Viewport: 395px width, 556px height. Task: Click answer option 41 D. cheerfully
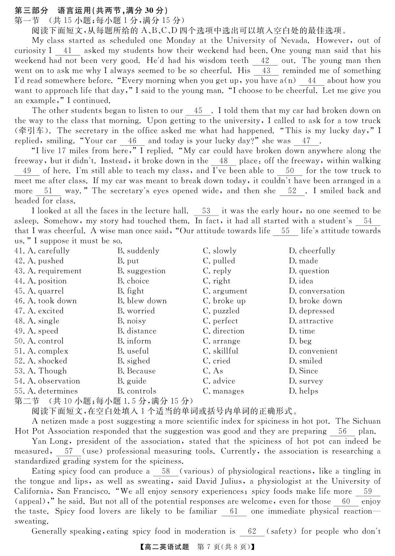point(312,251)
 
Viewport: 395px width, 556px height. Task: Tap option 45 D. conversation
point(317,291)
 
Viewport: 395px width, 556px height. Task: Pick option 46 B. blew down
point(142,301)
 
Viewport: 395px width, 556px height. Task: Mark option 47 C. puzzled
point(221,311)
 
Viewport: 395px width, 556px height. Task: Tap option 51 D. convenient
point(313,351)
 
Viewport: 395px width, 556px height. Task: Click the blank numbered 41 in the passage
point(67,51)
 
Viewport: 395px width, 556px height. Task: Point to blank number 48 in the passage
point(224,161)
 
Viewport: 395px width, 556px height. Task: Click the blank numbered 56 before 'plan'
point(342,432)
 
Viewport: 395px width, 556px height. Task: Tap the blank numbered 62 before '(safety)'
point(252,532)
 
